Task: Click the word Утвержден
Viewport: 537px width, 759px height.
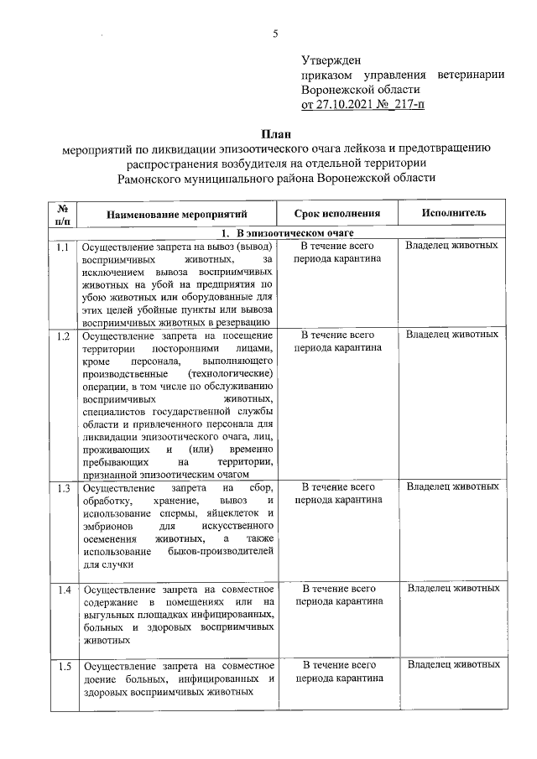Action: pyautogui.click(x=331, y=60)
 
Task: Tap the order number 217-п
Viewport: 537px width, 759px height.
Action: pyautogui.click(x=407, y=105)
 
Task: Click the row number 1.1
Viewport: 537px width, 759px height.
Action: pyautogui.click(x=63, y=247)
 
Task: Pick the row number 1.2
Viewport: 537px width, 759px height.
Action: pyautogui.click(x=63, y=336)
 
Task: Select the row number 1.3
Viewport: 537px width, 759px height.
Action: pyautogui.click(x=63, y=488)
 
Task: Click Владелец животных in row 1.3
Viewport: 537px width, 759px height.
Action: pyautogui.click(x=452, y=487)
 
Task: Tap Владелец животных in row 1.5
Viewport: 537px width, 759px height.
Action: pyautogui.click(x=452, y=665)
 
